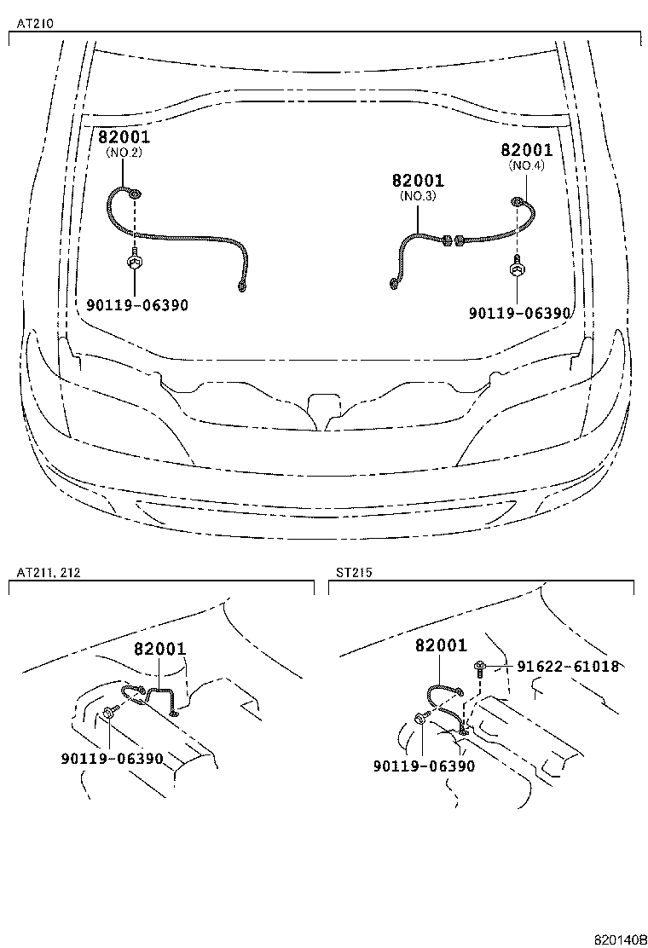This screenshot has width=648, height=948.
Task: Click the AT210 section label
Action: tap(31, 25)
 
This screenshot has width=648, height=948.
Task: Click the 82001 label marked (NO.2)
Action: tap(124, 136)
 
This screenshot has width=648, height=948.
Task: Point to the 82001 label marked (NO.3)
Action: tap(418, 181)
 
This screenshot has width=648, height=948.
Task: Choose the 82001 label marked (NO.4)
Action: tap(526, 151)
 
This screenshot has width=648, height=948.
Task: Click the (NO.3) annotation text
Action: tap(418, 196)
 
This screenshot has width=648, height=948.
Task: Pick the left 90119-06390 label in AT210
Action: tap(136, 305)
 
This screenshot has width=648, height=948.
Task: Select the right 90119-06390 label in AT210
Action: tap(519, 313)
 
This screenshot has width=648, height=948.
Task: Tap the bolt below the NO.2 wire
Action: tap(135, 259)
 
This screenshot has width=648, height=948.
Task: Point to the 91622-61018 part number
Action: tap(568, 667)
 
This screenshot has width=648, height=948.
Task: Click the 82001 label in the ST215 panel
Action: tap(441, 645)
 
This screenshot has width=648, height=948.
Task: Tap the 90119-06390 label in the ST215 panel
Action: tap(424, 766)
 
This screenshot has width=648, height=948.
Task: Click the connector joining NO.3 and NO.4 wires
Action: tap(452, 241)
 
